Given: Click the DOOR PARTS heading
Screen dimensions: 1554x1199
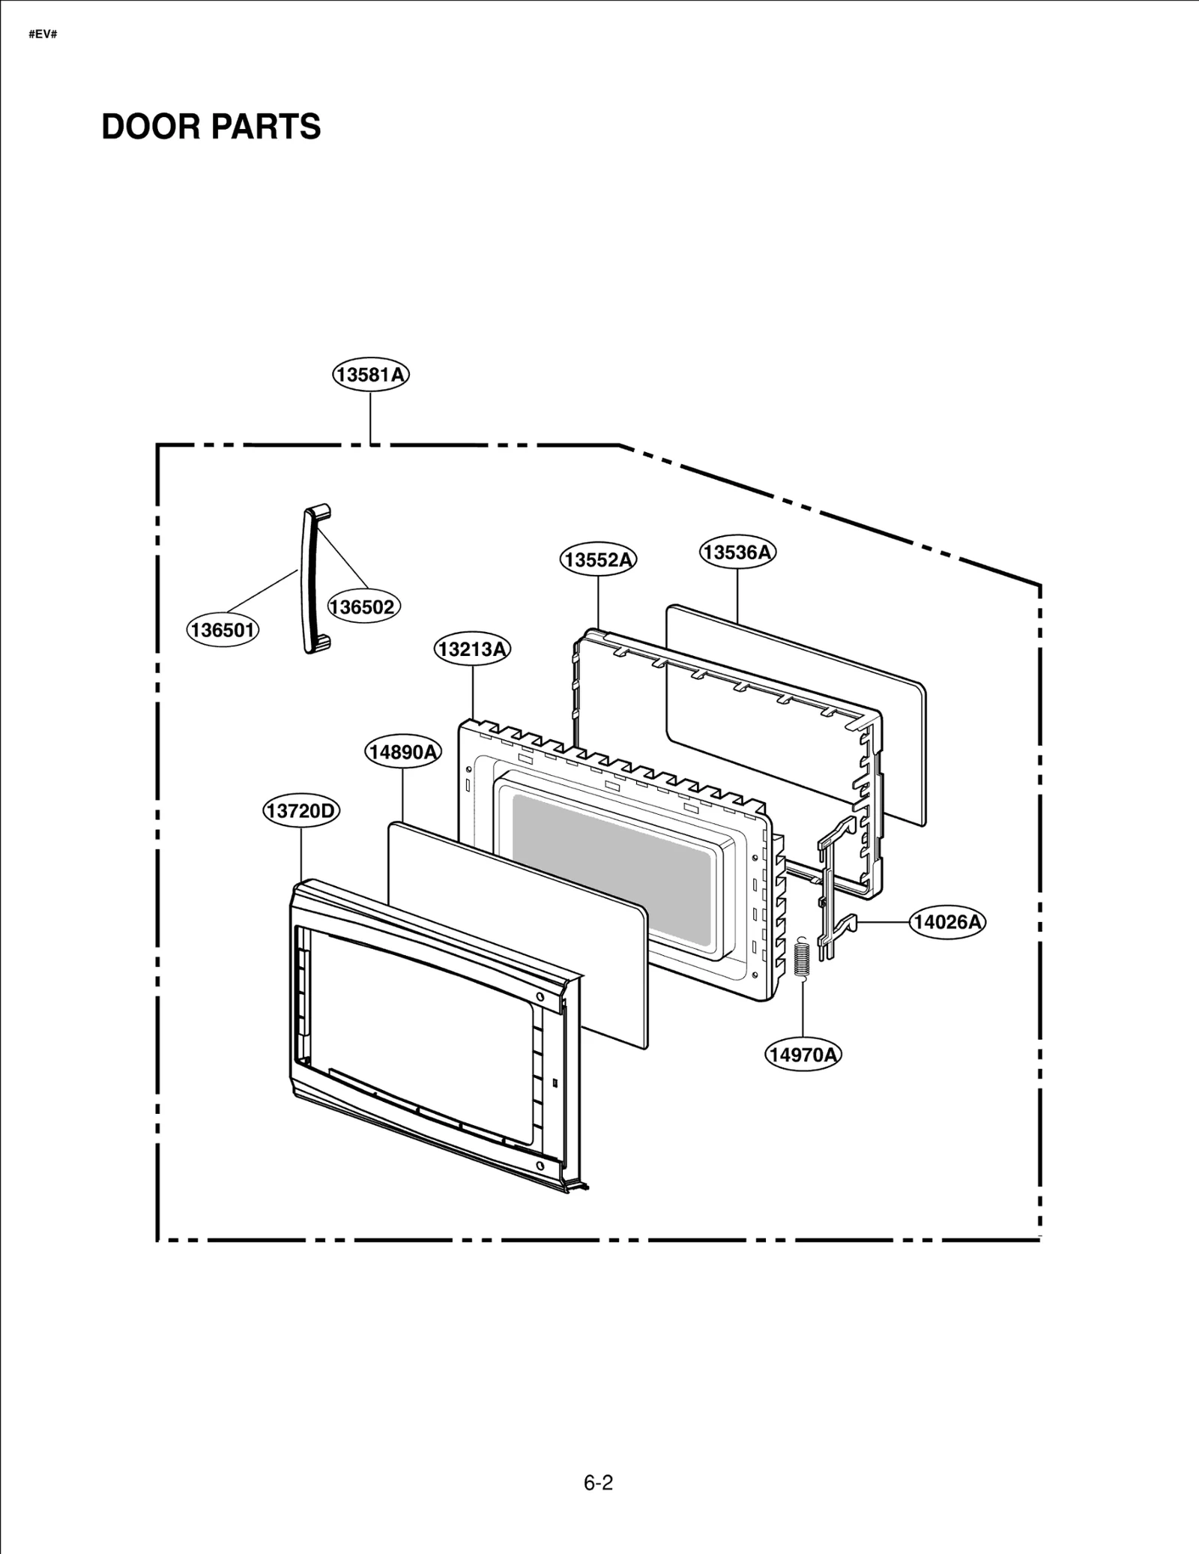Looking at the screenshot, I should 211,127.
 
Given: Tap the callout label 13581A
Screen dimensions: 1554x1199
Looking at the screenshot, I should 371,374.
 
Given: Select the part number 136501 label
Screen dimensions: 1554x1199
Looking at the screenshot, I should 223,630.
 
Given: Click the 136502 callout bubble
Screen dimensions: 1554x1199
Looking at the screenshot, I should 363,606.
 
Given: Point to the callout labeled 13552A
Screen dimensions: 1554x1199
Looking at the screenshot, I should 598,559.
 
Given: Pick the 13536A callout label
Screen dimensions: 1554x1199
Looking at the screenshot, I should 737,552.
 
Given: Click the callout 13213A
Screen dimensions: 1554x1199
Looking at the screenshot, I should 472,648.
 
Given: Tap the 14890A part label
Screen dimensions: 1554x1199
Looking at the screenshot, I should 403,751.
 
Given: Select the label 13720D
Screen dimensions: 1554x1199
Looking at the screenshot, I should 301,810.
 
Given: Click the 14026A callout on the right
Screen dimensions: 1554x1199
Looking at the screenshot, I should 947,921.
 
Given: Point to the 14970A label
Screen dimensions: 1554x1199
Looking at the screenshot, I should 803,1055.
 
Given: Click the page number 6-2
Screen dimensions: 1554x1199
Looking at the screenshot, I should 598,1482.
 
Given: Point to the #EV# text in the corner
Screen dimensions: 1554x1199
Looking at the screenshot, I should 43,35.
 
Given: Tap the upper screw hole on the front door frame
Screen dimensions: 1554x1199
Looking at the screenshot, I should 540,997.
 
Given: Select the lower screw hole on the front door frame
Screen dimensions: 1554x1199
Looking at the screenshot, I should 540,1166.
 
